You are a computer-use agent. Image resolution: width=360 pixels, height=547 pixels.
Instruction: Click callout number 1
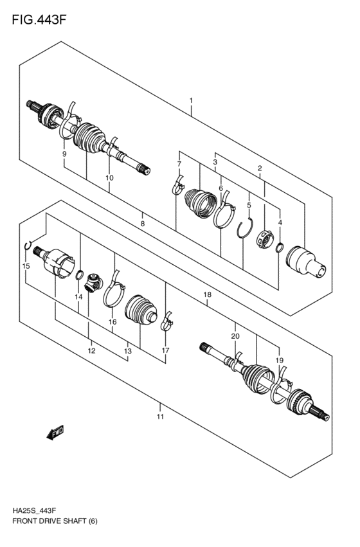click(x=191, y=101)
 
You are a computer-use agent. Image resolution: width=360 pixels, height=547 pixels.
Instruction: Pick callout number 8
click(x=143, y=223)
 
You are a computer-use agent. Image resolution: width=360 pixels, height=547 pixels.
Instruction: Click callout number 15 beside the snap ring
click(x=26, y=265)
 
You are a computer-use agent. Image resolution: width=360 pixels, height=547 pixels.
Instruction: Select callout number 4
click(x=280, y=222)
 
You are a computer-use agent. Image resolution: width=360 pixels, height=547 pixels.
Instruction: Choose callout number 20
click(x=235, y=336)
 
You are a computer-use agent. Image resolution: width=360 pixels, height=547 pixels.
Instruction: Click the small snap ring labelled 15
click(x=28, y=245)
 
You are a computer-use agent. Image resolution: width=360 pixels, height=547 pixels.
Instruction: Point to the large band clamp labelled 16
click(x=114, y=291)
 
